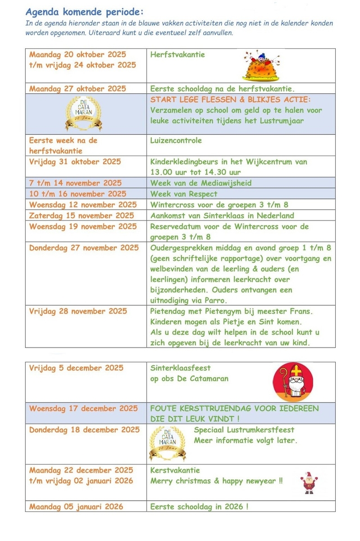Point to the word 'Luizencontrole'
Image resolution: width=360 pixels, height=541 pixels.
pos(176,140)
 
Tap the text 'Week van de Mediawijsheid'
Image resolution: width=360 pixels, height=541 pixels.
pos(201,183)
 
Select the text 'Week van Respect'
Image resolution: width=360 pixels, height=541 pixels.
pos(184,194)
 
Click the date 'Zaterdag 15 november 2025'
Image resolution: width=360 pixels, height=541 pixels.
pos(82,215)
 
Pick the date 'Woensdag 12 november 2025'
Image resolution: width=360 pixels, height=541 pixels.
pos(83,205)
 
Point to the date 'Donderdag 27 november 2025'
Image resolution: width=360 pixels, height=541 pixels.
pos(84,248)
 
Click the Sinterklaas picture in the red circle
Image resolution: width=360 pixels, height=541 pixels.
pos(293,382)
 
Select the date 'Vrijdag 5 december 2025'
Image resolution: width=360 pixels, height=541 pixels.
pos(76,368)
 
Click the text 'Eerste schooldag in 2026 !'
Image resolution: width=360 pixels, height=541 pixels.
pos(199,506)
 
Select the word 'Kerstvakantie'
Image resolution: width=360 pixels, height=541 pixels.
pos(175,470)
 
